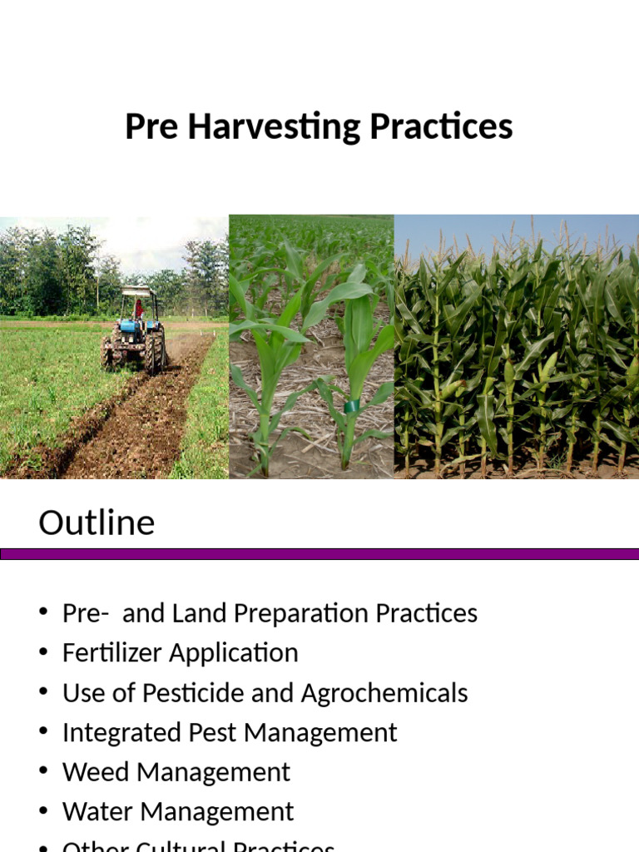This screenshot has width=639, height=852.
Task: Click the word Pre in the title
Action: click(151, 127)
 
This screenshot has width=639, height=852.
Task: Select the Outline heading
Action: click(97, 523)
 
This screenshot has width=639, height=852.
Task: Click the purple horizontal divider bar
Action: click(319, 554)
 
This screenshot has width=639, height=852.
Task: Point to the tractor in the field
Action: click(136, 331)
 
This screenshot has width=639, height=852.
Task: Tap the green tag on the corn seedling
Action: click(351, 407)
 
